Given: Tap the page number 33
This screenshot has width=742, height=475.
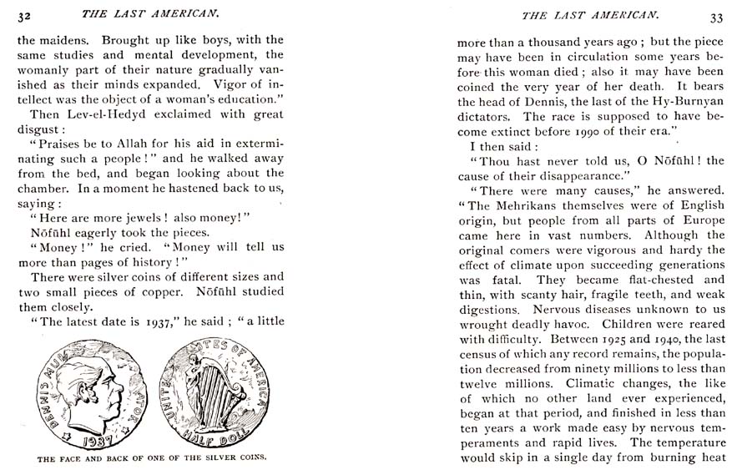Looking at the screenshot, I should (x=716, y=17).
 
